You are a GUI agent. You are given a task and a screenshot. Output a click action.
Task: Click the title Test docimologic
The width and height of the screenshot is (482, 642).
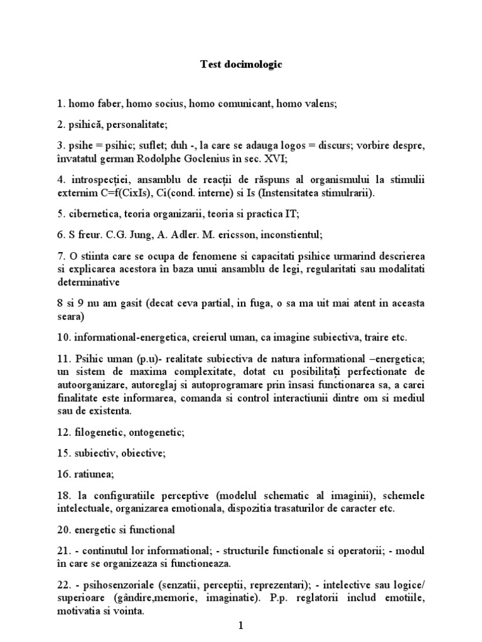[241, 64]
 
